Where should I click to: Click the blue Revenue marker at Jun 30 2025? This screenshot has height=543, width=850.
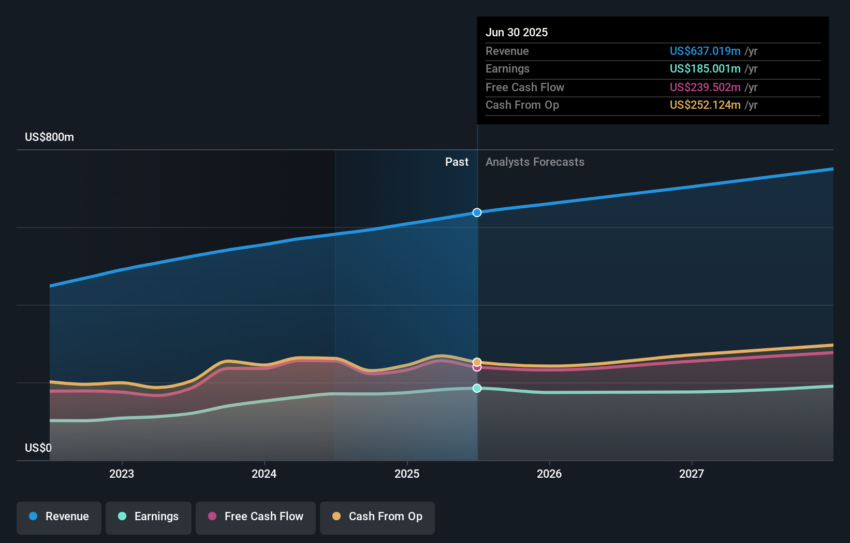pos(477,212)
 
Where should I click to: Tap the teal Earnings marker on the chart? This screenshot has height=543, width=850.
pos(477,388)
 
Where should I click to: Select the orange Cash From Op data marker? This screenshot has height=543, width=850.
pos(477,362)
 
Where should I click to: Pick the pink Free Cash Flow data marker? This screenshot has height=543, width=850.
pos(477,367)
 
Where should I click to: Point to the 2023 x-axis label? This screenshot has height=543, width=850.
pos(122,474)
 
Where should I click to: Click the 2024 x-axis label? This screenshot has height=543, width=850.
pos(264,474)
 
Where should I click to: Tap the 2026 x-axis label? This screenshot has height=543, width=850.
pos(549,474)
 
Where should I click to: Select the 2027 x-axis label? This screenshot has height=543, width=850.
pos(692,474)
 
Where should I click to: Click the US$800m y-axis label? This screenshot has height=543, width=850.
pos(49,137)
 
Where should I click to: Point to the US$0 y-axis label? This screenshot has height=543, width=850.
pos(38,448)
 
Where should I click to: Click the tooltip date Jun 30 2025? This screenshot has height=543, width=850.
pos(517,32)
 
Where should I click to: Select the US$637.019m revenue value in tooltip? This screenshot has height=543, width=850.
pos(705,51)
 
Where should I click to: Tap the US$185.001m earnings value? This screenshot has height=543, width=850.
pos(705,69)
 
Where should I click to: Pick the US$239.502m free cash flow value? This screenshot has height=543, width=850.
pos(705,88)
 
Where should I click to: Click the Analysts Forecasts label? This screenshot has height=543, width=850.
pos(535,162)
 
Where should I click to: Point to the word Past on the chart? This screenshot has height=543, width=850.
pos(457,162)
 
